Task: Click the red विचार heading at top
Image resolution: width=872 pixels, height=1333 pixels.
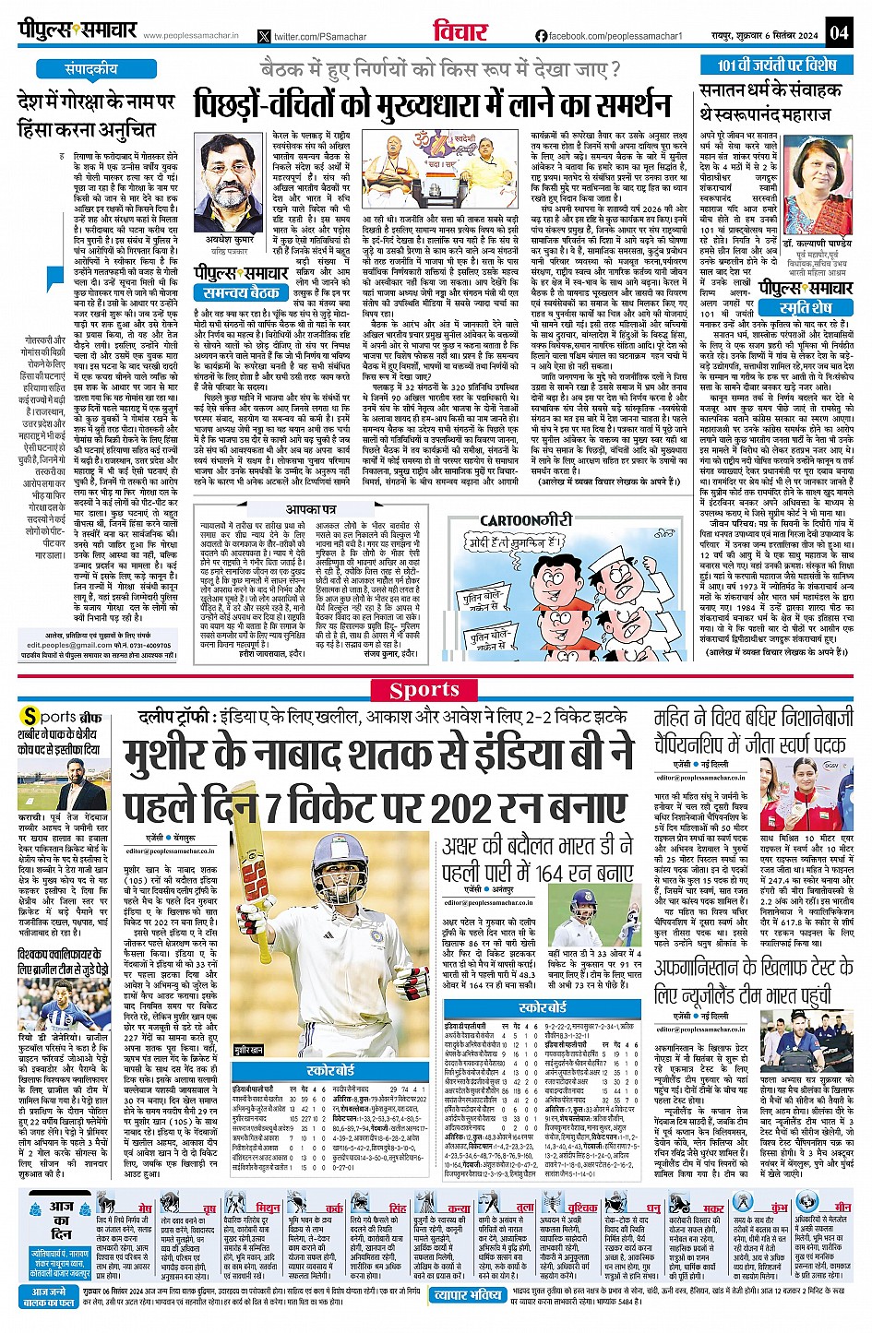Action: (460, 31)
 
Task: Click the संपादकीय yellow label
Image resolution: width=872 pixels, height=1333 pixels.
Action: (90, 69)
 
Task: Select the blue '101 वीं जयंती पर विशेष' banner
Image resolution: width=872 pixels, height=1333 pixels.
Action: (777, 65)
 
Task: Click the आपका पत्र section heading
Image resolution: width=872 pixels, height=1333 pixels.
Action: (311, 509)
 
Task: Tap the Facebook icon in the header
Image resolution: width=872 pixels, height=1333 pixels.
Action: (541, 36)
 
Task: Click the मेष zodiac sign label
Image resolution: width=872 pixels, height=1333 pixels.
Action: (145, 1207)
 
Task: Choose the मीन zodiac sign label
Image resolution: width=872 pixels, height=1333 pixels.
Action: (842, 1207)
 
